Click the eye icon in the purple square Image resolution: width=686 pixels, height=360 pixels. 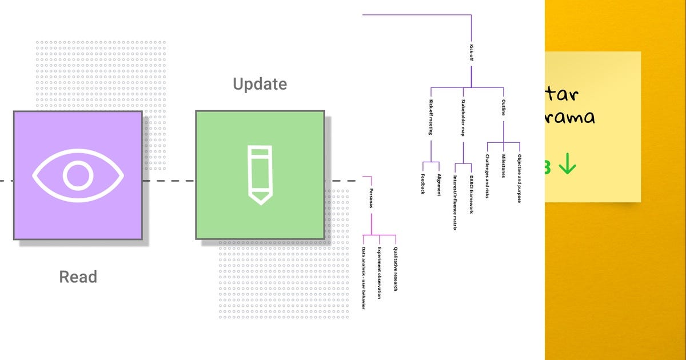[x=78, y=175]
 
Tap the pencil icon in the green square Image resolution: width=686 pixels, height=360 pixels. [x=260, y=175]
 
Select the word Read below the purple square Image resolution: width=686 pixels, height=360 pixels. [x=78, y=277]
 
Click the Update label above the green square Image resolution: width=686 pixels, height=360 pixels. [x=260, y=85]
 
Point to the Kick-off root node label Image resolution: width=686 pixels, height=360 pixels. [x=471, y=52]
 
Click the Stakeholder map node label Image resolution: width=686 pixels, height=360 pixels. [x=463, y=118]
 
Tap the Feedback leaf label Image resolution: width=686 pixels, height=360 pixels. [x=423, y=183]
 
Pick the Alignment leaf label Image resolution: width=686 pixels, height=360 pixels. [x=438, y=185]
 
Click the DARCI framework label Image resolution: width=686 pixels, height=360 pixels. [x=471, y=194]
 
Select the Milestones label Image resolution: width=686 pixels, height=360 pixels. [x=504, y=166]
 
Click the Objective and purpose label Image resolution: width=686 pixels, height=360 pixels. [x=519, y=178]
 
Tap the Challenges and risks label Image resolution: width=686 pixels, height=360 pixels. [x=487, y=177]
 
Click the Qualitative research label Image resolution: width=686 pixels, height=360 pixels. [x=395, y=269]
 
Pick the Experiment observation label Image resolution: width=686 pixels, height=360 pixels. [x=379, y=273]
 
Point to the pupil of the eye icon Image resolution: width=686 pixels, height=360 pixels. [x=78, y=175]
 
